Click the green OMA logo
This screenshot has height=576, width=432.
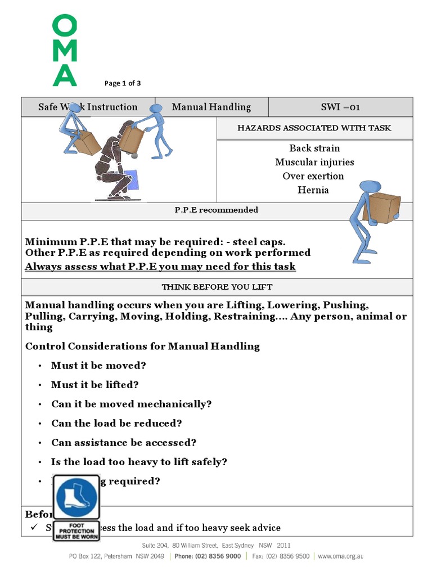tap(65, 51)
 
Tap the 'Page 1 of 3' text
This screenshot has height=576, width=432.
tap(123, 83)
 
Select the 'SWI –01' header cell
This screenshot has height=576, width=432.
tap(340, 107)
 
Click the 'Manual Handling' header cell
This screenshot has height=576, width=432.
tap(211, 107)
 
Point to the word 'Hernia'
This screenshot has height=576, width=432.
tap(313, 190)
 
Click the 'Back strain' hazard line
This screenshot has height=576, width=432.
tap(314, 148)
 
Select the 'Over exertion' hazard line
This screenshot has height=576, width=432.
tap(313, 176)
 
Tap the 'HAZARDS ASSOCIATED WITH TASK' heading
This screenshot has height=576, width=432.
tap(314, 128)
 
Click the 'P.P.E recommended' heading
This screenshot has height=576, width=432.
tap(217, 210)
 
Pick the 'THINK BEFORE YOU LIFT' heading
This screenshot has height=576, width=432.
tap(217, 287)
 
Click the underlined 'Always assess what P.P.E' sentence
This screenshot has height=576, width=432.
tap(160, 266)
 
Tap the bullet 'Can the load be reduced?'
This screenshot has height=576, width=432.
tap(116, 423)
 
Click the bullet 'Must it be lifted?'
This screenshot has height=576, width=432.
tap(94, 385)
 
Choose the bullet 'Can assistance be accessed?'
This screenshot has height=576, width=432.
tap(124, 443)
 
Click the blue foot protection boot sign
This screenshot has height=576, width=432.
tap(76, 498)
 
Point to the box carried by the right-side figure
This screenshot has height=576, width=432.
tap(382, 207)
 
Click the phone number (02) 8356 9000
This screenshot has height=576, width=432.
tap(215, 556)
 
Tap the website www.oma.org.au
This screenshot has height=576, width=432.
tap(341, 556)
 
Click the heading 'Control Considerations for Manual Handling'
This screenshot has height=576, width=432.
tap(142, 346)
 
